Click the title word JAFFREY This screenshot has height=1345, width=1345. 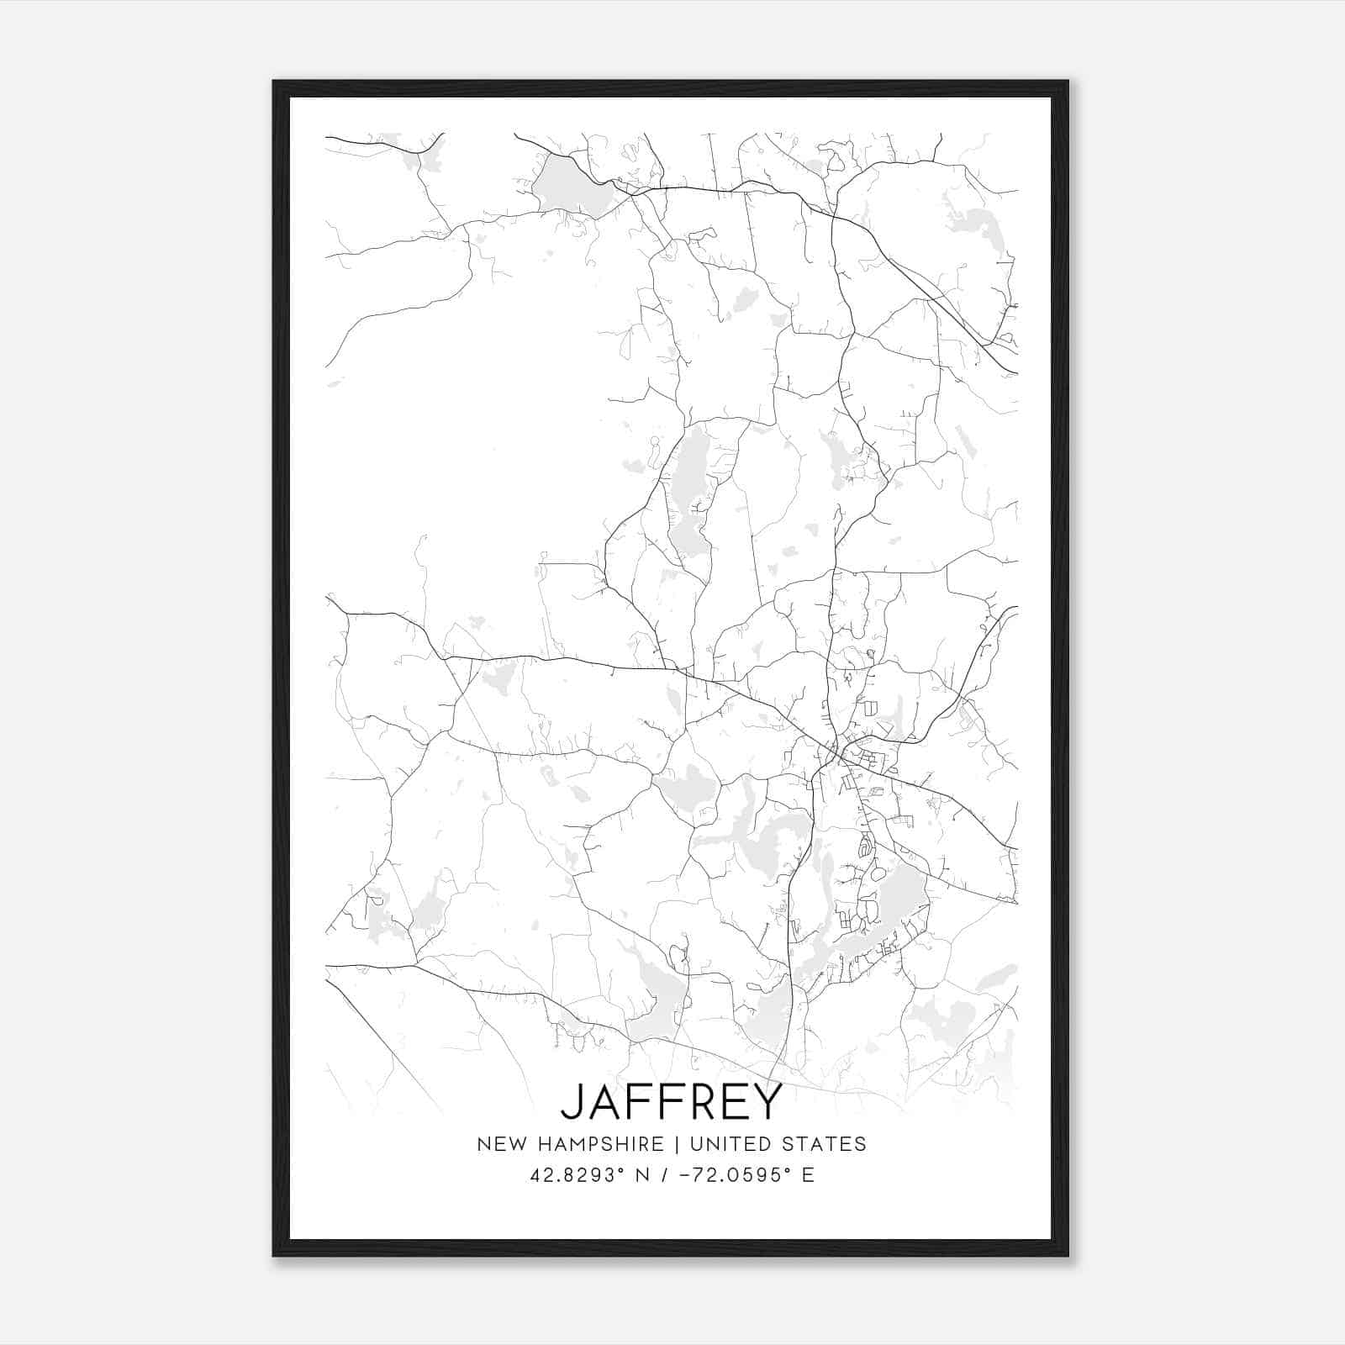671,1101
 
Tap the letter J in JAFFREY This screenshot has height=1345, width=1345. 571,1102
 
